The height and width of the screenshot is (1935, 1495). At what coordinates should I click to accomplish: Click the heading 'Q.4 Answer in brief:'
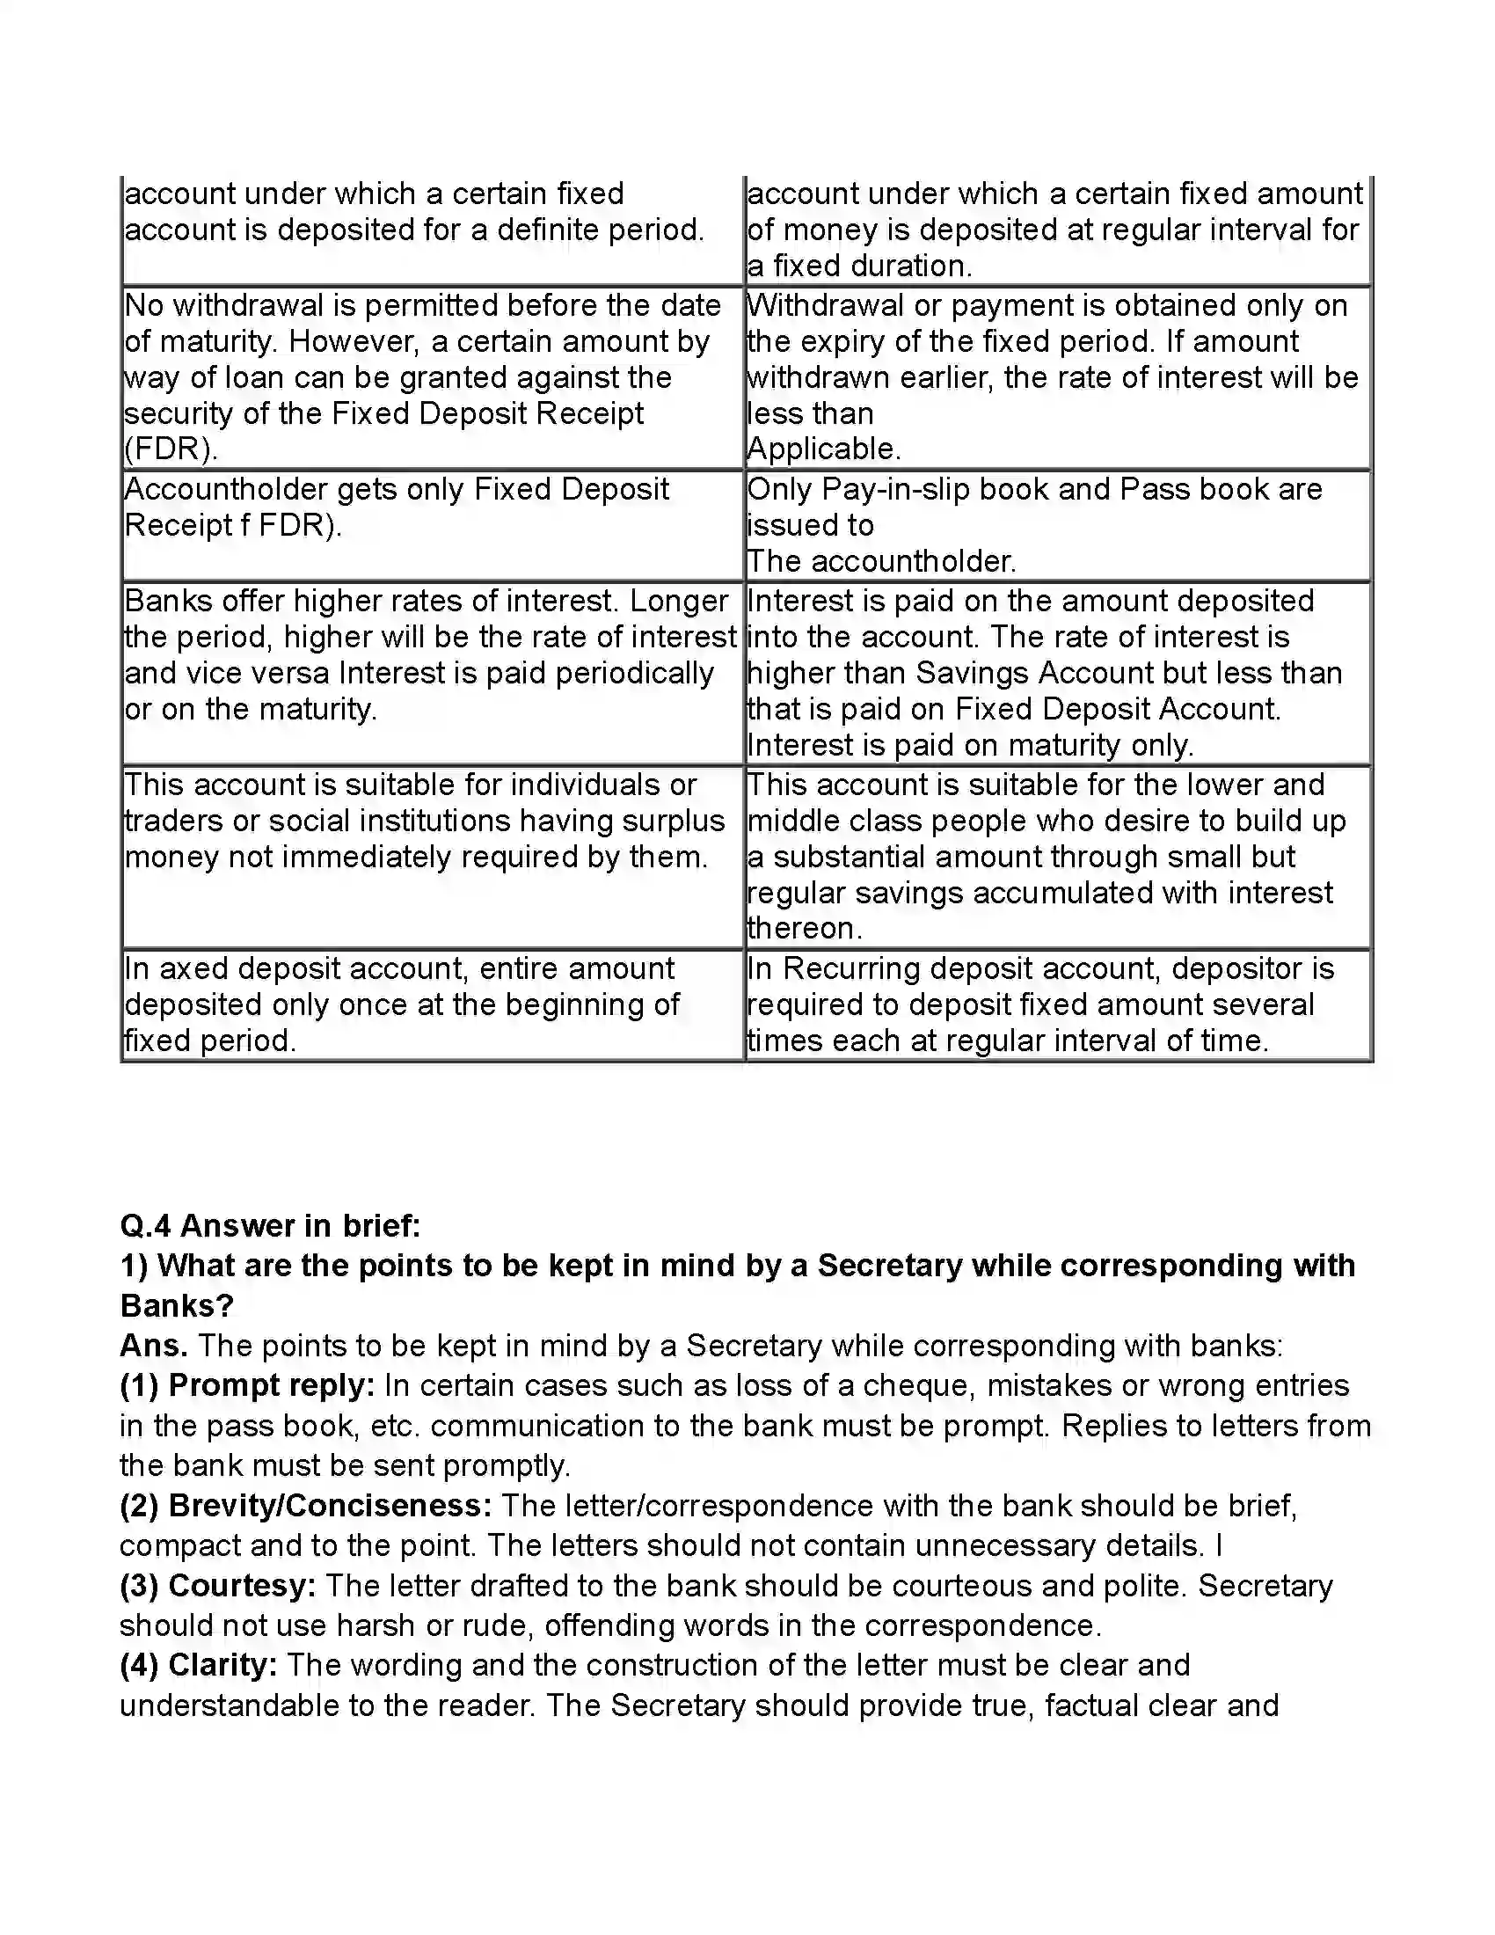(270, 1226)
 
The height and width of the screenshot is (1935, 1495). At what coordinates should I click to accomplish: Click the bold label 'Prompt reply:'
(271, 1385)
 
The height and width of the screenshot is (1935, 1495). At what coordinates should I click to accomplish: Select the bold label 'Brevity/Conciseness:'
(330, 1505)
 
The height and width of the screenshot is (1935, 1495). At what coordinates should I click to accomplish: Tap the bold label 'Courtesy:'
(242, 1585)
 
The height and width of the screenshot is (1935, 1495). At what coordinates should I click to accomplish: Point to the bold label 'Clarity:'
(223, 1665)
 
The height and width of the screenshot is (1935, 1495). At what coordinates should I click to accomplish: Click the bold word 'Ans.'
(153, 1346)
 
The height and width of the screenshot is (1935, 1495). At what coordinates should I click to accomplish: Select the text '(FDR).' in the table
(171, 449)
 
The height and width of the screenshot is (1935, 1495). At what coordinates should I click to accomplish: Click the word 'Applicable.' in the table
(824, 449)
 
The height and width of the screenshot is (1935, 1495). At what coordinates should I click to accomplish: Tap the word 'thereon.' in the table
(804, 929)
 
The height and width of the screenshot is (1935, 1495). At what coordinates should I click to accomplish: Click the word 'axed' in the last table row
(194, 968)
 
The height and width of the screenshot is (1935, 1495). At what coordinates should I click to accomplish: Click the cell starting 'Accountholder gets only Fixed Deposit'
(431, 524)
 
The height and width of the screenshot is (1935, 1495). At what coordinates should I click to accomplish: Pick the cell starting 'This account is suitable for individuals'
(431, 856)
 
